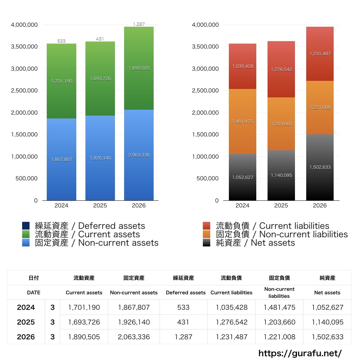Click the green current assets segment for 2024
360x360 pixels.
62,81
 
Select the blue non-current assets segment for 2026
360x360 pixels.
139,155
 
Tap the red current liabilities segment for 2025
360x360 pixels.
281,69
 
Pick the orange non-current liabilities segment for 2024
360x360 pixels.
243,121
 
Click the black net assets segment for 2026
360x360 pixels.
320,167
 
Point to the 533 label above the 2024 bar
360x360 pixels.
61,41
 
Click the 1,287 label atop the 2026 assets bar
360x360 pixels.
139,24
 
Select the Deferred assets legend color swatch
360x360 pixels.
26,226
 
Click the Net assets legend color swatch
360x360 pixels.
207,243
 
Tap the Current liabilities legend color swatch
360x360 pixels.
207,226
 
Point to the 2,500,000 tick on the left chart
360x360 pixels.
24,90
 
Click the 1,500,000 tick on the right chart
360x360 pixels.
205,135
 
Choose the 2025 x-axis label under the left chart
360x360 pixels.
100,205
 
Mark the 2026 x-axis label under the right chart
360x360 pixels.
320,205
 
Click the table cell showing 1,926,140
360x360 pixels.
134,322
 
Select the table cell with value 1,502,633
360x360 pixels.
328,337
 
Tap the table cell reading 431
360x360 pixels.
183,322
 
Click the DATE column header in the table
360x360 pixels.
33,292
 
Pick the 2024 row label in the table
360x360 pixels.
26,307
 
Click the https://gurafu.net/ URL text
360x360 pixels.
300,353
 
